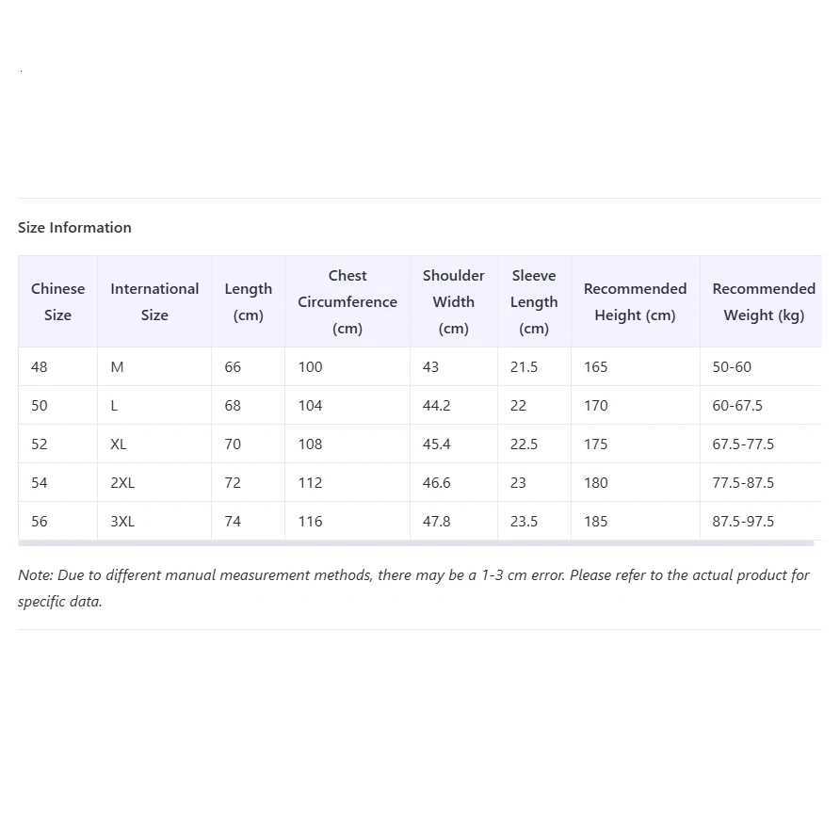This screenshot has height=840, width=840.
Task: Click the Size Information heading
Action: tap(74, 227)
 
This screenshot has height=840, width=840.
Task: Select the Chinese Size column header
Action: tap(57, 301)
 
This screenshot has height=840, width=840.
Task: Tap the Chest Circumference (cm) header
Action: tap(347, 301)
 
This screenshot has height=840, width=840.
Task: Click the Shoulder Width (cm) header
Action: tap(453, 301)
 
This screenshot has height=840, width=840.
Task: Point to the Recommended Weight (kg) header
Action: tap(763, 301)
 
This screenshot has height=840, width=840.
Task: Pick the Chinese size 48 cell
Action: tap(40, 366)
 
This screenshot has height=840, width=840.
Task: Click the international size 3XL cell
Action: tap(122, 521)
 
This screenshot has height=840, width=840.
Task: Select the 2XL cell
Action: tap(122, 482)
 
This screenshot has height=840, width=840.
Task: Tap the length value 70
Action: tap(233, 444)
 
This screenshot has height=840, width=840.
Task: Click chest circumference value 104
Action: tap(310, 405)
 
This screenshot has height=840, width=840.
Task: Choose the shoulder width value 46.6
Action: tap(436, 482)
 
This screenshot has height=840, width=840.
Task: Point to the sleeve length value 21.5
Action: tap(524, 366)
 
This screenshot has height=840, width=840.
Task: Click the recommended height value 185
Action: tap(595, 521)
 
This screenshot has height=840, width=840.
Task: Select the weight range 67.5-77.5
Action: tap(743, 444)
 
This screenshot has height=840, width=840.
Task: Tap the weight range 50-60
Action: tap(732, 366)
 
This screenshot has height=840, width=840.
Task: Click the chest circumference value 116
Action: tap(310, 521)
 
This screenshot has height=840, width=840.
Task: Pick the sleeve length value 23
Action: tap(518, 482)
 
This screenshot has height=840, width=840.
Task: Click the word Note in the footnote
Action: tap(35, 574)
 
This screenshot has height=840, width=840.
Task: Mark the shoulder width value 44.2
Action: tap(436, 405)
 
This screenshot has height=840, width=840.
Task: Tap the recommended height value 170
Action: tap(595, 405)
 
